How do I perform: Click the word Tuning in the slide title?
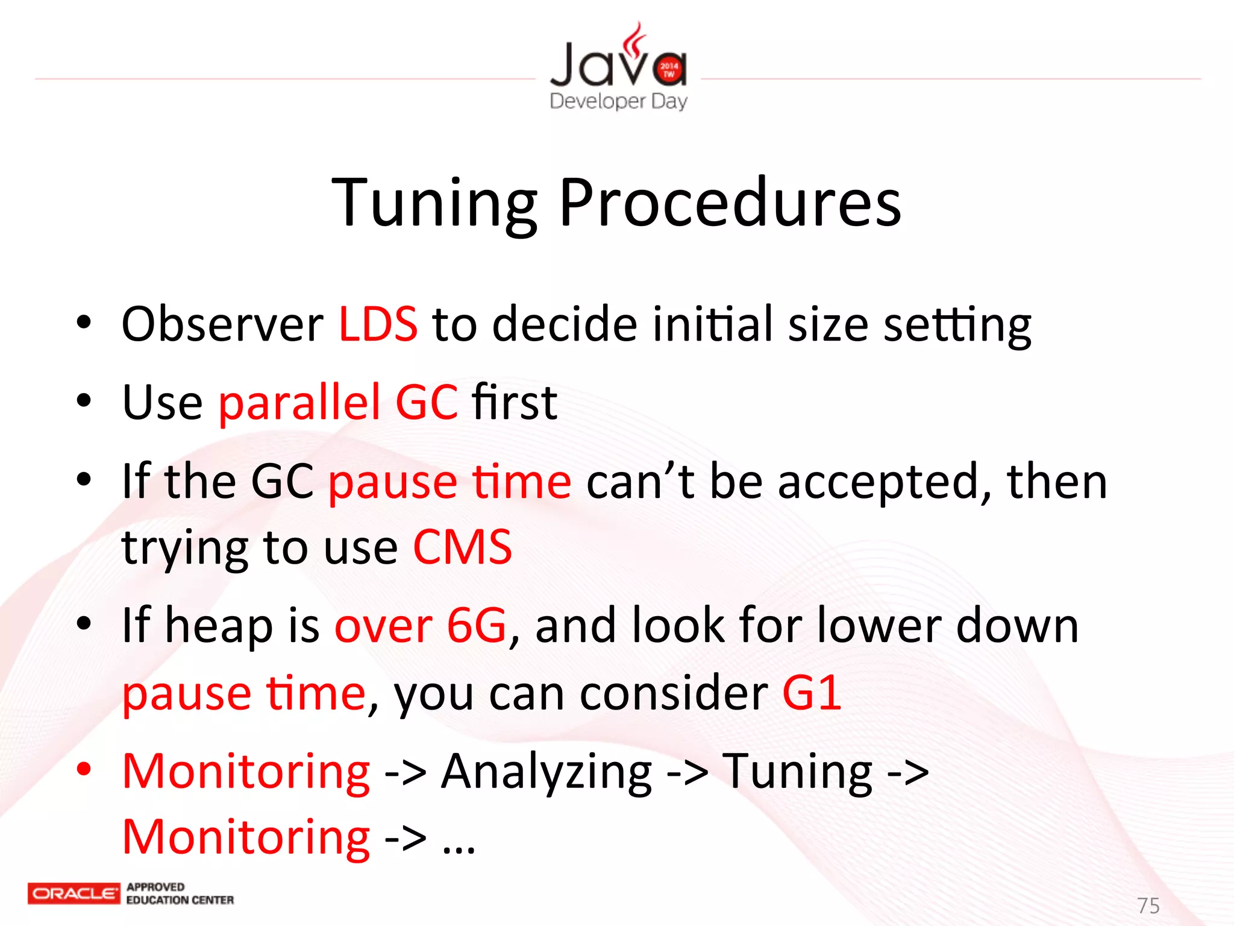pos(434,203)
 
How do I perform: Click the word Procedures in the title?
pos(730,203)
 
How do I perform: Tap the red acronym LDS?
pos(378,324)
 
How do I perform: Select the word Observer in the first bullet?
pos(222,324)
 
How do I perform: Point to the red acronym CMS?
pos(462,547)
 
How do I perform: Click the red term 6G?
pos(476,625)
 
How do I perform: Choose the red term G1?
pos(812,693)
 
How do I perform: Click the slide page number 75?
pos(1148,905)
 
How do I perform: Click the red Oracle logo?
pos(74,893)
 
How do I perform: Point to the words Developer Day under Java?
pos(618,101)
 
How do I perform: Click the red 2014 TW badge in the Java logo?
pos(669,69)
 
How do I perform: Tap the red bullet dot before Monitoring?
pos(84,769)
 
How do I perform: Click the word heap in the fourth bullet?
pos(219,625)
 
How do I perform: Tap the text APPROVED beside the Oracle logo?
pos(155,887)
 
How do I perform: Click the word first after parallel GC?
pos(514,402)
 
